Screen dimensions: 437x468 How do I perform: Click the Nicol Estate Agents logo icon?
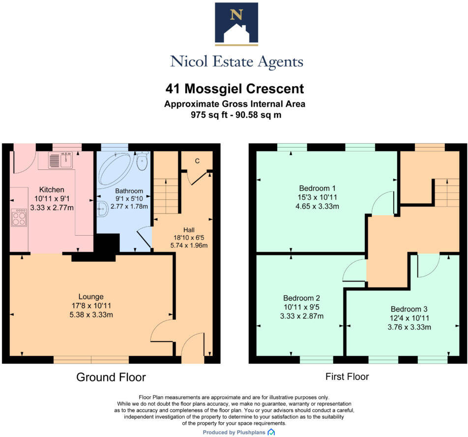(236, 24)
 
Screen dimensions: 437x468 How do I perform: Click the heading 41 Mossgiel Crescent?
(234, 89)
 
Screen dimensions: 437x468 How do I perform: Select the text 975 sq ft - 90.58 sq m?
(234, 115)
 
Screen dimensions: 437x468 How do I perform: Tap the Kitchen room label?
(52, 189)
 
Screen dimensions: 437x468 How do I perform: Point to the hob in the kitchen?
(20, 218)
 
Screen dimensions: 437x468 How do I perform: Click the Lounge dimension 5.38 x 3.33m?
(91, 314)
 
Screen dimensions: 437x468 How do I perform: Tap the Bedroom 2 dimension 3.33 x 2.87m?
(302, 315)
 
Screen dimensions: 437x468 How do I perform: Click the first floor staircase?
(446, 192)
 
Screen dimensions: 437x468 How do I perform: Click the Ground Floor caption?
(111, 377)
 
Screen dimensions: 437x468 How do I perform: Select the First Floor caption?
(347, 377)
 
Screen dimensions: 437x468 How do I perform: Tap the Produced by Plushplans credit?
(238, 432)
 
